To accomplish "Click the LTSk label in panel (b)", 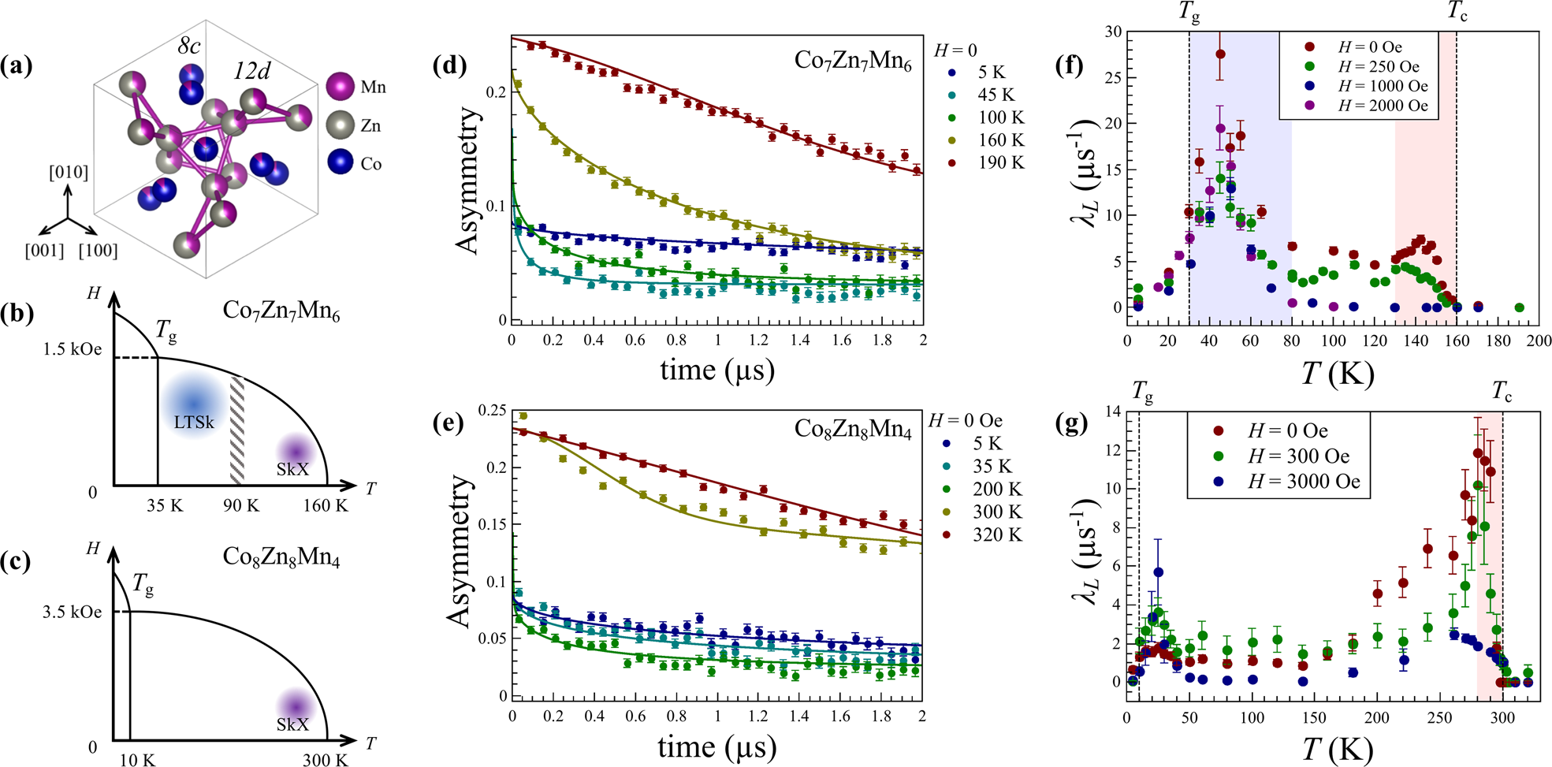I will [x=194, y=423].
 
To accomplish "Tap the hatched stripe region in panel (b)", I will [x=236, y=430].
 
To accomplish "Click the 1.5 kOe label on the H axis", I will [x=72, y=349].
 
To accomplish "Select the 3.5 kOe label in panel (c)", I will [x=72, y=612].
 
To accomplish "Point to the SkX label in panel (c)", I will [x=292, y=724].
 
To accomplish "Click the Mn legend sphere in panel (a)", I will [x=340, y=86].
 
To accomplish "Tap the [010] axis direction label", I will [x=69, y=172].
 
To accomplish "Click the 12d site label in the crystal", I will [x=252, y=72].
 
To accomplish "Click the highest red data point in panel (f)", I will [x=1220, y=54].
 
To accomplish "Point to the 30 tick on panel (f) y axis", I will [x=1113, y=32].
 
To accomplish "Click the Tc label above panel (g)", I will [x=1502, y=391].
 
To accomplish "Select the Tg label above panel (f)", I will [x=1189, y=11].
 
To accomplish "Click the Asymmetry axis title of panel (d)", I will [x=468, y=181].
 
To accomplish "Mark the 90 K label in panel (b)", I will [x=240, y=505].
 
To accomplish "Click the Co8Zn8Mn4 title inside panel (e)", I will [x=852, y=428].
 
